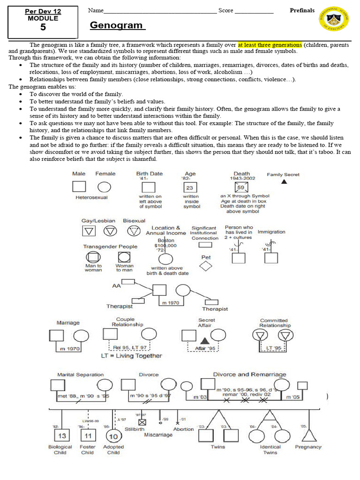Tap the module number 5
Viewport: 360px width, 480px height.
[x=43, y=27]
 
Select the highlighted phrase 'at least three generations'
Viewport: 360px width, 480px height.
[x=270, y=45]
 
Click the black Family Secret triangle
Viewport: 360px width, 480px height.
[x=284, y=181]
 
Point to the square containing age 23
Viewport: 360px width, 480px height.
[x=190, y=187]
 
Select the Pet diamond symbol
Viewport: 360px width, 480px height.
[x=206, y=266]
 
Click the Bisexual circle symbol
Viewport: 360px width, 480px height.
[x=134, y=231]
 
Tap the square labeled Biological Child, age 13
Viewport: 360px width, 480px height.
[x=62, y=435]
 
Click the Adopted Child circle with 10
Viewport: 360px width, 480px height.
[x=113, y=436]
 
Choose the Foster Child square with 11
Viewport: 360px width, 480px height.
[x=87, y=435]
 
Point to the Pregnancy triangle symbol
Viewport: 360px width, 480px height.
[x=308, y=435]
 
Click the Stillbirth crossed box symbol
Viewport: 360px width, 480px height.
[x=142, y=422]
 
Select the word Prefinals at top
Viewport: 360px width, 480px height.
[x=302, y=10]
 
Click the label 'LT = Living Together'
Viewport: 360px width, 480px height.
[x=132, y=356]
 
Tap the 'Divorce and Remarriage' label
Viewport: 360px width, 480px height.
[x=249, y=375]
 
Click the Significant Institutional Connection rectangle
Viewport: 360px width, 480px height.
[x=205, y=245]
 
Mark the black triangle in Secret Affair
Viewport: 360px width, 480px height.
[x=204, y=340]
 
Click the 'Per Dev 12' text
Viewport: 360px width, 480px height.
[x=43, y=11]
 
